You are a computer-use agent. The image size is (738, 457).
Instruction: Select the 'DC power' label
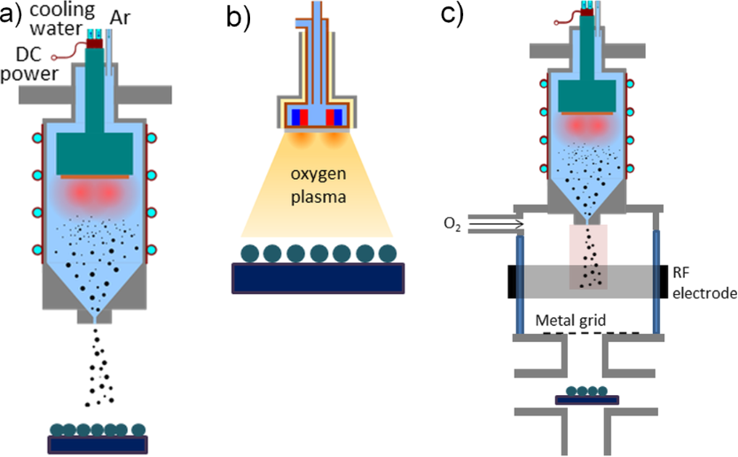click(x=27, y=64)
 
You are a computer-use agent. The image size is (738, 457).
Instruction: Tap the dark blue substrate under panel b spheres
click(x=318, y=277)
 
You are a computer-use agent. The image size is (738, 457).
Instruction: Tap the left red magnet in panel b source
click(x=302, y=118)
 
